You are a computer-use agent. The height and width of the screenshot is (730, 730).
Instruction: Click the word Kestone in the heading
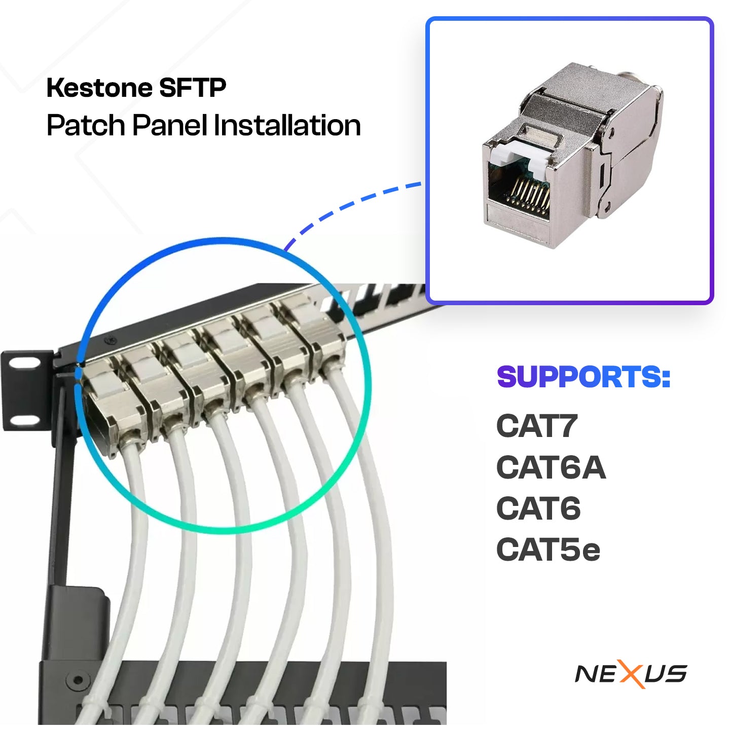(x=99, y=88)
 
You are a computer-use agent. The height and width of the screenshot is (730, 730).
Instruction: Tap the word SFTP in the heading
(x=193, y=88)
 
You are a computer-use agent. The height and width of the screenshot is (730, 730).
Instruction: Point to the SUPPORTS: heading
(x=583, y=377)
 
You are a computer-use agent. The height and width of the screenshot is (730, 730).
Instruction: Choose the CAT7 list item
(x=537, y=426)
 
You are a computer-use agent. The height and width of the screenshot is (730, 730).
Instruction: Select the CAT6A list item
(x=551, y=467)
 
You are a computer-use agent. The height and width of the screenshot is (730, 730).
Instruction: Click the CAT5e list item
(x=548, y=550)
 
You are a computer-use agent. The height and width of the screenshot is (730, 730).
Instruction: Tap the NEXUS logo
(x=631, y=674)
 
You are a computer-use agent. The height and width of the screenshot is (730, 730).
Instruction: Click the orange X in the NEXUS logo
(x=630, y=674)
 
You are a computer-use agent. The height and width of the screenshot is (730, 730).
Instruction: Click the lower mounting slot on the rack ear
(x=25, y=420)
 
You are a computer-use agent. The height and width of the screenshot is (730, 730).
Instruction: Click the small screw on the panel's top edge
(x=112, y=340)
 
